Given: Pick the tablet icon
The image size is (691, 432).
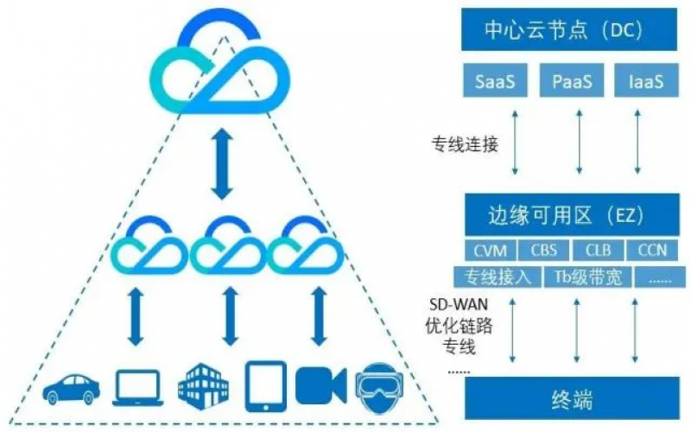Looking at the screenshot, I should click(265, 384).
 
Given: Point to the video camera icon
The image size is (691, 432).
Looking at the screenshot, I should click(320, 385).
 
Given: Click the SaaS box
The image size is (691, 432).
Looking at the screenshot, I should click(498, 82).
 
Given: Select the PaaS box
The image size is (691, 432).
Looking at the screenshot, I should click(572, 82).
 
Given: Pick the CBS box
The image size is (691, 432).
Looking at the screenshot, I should click(544, 251).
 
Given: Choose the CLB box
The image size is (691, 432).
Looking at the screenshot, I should click(598, 251).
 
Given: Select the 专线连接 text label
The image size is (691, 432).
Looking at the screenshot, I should click(466, 144).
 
